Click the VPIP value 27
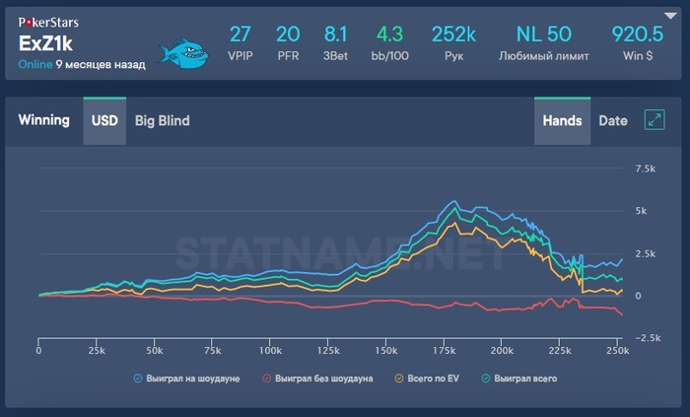241,35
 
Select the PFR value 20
288,35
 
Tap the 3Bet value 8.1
336,35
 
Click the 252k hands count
454,35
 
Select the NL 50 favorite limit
544,35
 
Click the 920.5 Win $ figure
641,35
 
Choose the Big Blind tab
162,121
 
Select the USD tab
104,121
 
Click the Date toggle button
612,121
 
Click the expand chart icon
654,120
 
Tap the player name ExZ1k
46,43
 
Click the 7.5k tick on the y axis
646,169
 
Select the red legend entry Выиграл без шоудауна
317,378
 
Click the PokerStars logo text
49,21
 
